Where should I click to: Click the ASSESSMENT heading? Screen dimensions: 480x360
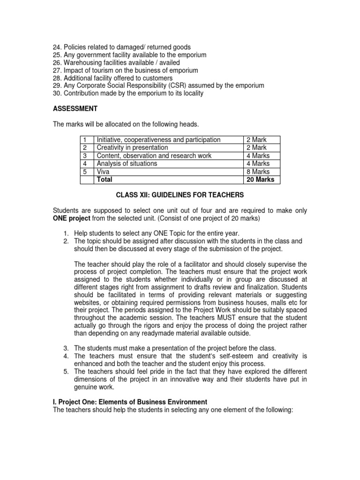click(75, 109)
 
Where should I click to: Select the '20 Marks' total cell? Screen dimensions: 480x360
click(260, 180)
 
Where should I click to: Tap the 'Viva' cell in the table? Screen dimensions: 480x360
click(103, 172)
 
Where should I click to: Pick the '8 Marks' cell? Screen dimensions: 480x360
click(258, 172)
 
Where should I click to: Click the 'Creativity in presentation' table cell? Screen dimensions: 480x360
click(132, 148)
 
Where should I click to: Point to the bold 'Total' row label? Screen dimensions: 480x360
click(105, 180)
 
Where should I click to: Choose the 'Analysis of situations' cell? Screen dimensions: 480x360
click(127, 164)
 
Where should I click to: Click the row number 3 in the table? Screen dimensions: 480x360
click(85, 156)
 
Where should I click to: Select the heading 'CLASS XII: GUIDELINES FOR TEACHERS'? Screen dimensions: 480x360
click(180, 195)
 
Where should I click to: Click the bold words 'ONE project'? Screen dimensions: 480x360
click(71, 219)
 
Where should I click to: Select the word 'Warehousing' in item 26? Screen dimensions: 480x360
click(82, 63)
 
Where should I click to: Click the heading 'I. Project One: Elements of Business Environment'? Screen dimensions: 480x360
click(130, 402)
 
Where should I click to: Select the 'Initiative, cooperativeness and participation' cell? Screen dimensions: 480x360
click(158, 140)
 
